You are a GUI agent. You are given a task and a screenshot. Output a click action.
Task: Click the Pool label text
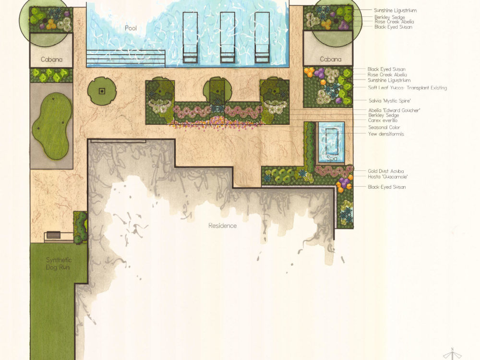tap(131, 28)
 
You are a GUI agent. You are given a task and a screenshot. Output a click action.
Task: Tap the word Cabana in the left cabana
tap(51, 60)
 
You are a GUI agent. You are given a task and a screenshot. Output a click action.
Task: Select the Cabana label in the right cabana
tap(331, 59)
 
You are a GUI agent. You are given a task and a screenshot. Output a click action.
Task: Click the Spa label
tap(332, 158)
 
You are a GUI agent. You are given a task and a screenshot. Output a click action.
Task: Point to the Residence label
tap(223, 226)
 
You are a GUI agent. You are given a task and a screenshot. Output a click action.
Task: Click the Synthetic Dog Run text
tap(59, 264)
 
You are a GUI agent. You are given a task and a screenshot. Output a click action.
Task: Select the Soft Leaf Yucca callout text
tap(408, 87)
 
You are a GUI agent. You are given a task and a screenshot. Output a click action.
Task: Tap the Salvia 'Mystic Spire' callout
tap(390, 101)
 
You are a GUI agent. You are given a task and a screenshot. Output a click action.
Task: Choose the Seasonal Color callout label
tap(384, 127)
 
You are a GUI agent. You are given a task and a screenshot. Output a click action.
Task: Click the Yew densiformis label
tap(386, 134)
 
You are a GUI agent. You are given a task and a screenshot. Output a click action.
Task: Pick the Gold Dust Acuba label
tap(386, 171)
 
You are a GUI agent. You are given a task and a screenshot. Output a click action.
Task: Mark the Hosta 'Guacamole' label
tap(387, 177)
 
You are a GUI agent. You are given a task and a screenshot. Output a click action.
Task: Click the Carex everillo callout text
tap(383, 120)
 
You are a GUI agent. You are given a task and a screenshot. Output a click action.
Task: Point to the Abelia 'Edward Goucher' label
tap(394, 110)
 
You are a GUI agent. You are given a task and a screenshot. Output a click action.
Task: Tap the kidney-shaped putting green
tap(52, 126)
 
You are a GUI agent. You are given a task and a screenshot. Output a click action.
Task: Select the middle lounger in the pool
tap(228, 37)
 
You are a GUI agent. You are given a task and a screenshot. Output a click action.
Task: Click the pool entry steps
tap(126, 58)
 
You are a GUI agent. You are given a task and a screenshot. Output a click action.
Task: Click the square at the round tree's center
tap(102, 91)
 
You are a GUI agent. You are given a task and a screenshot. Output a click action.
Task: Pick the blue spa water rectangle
tap(332, 143)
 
